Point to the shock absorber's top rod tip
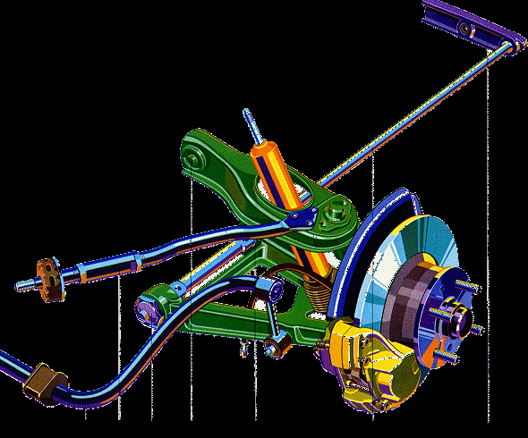[246, 115]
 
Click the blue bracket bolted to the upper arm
[300, 217]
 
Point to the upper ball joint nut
[336, 215]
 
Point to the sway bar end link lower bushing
[277, 341]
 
